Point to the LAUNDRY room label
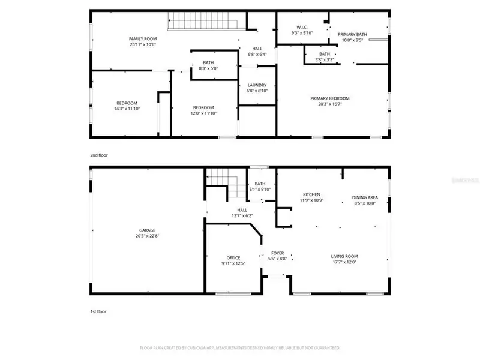[x=257, y=85]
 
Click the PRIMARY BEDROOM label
[x=329, y=98]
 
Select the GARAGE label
[x=148, y=230]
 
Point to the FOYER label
[x=277, y=253]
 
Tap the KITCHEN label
[x=311, y=194]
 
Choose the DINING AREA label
[x=365, y=197]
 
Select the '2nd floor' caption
[x=99, y=155]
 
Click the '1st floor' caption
[x=98, y=312]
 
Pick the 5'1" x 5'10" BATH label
[x=259, y=190]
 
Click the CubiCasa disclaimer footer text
[x=240, y=347]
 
